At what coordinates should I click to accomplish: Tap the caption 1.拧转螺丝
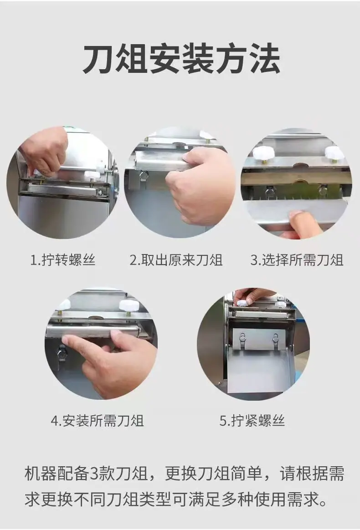63,260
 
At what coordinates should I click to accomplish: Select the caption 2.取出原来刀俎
176,260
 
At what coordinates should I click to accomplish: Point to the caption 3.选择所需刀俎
297,260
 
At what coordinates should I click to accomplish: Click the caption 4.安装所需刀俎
98,421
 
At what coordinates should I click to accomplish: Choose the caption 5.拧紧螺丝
252,421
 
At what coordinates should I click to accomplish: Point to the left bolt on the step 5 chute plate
242,337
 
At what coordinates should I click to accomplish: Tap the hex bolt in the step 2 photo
144,175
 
